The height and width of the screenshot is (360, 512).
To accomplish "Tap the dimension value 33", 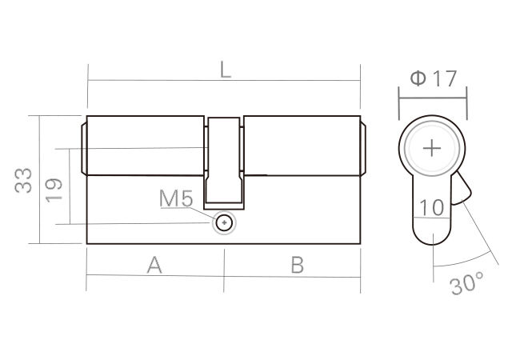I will tap(23, 180).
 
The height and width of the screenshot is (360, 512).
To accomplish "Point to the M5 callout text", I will tap(176, 198).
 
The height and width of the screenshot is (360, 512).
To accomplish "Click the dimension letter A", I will tap(154, 266).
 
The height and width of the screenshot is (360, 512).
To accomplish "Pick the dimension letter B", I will tap(297, 266).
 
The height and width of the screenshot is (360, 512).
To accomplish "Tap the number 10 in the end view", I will tap(432, 207).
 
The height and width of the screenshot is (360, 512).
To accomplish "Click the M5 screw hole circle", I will tap(225, 223).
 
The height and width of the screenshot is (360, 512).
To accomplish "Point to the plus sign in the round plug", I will tap(432, 149).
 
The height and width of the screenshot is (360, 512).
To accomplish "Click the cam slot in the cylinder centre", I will tap(224, 160).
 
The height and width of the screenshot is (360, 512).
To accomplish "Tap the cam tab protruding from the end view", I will tap(463, 192).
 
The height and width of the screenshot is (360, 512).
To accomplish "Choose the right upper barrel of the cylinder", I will tap(300, 145).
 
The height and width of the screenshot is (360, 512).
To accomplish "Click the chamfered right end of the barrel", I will tap(362, 145).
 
